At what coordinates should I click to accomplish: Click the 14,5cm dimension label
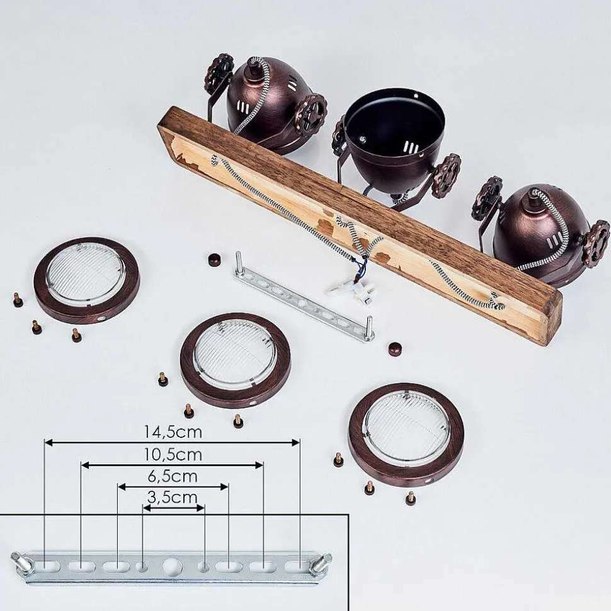173,432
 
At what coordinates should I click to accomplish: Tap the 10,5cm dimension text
173,455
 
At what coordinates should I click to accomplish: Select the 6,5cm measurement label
173,476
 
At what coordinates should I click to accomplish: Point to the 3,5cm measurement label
173,497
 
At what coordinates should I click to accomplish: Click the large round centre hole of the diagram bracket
172,566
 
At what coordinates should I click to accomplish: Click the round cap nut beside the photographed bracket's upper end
214,259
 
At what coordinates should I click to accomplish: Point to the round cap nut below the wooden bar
395,349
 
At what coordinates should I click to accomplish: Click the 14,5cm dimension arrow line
172,442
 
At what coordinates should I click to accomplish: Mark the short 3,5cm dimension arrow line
174,508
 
